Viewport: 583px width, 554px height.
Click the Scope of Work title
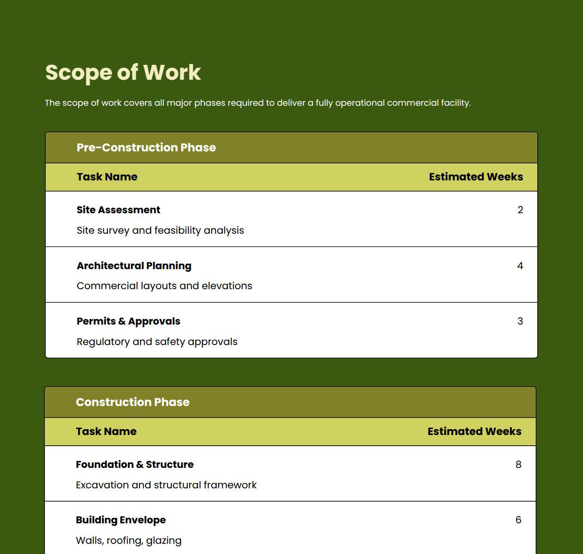pyautogui.click(x=123, y=72)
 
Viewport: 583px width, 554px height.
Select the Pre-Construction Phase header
pyautogui.click(x=146, y=148)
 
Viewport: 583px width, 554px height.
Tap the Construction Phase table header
pyautogui.click(x=132, y=402)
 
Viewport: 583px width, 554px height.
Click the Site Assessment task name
pyautogui.click(x=118, y=210)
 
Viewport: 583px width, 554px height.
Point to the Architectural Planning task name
pyautogui.click(x=134, y=266)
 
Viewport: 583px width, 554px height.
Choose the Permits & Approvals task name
pyautogui.click(x=128, y=321)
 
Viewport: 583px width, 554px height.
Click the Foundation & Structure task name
pyautogui.click(x=134, y=464)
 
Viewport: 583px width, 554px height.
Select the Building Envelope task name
pyautogui.click(x=121, y=520)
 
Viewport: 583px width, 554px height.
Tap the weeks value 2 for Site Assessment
pyautogui.click(x=520, y=210)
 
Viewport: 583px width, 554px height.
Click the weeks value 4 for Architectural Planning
pyautogui.click(x=520, y=266)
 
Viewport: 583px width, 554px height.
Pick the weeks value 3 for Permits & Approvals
pyautogui.click(x=520, y=321)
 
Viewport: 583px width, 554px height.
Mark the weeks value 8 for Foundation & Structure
pyautogui.click(x=518, y=464)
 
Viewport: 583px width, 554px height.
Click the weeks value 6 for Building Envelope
pyautogui.click(x=518, y=520)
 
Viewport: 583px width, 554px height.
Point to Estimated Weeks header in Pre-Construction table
pyautogui.click(x=475, y=177)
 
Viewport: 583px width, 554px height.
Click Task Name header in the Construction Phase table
pyautogui.click(x=106, y=432)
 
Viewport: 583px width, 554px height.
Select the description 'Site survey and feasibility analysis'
pyautogui.click(x=160, y=230)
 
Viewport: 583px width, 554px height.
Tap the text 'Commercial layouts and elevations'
pyautogui.click(x=164, y=286)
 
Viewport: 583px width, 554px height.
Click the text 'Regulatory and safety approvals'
pyautogui.click(x=157, y=342)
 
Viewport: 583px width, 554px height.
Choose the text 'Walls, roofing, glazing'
pyautogui.click(x=128, y=540)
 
